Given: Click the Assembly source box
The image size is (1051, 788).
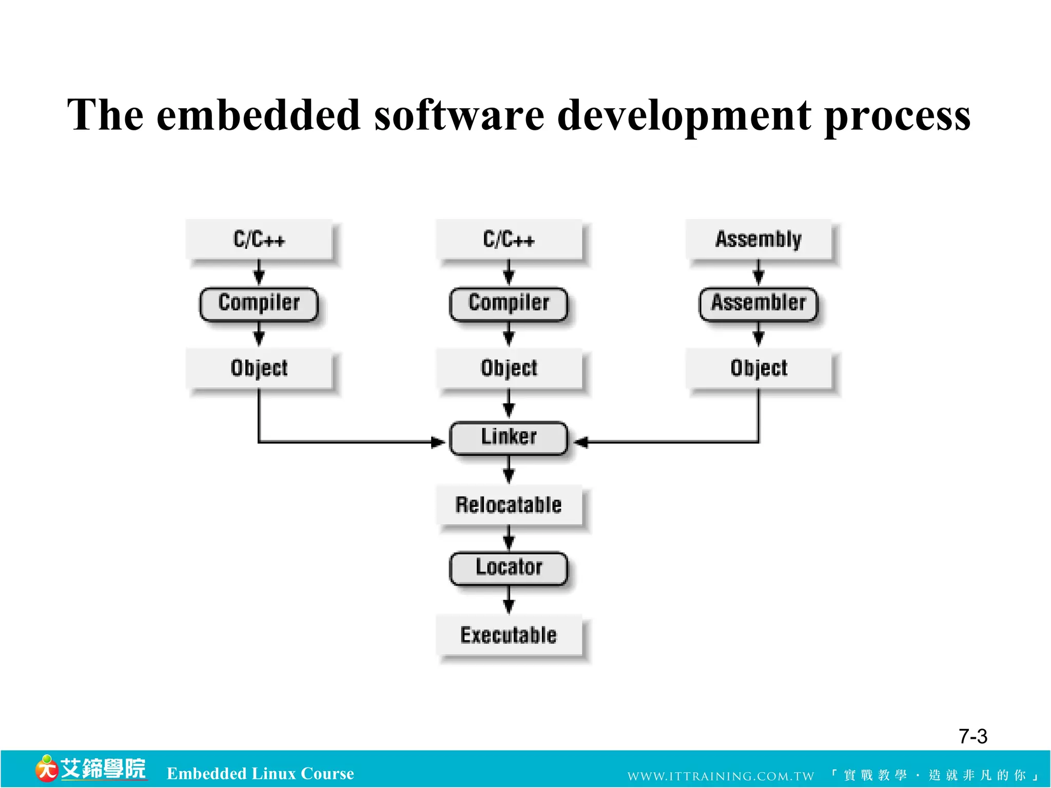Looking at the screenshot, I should (x=758, y=239).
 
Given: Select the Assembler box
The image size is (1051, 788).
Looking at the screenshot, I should (x=758, y=304).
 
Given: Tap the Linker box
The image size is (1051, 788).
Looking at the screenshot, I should (x=509, y=438).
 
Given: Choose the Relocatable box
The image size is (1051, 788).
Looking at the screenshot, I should (x=509, y=505).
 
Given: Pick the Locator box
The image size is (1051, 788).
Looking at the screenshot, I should (x=509, y=568).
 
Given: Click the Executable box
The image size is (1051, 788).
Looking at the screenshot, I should (x=509, y=635).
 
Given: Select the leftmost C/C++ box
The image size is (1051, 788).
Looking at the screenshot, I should (x=259, y=239).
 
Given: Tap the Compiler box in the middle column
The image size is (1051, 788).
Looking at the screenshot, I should (x=509, y=304).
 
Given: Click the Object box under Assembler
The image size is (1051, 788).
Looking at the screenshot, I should (x=758, y=368).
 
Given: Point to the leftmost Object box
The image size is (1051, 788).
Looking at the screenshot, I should (x=259, y=368).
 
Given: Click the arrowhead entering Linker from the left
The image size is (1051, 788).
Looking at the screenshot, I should (x=437, y=442).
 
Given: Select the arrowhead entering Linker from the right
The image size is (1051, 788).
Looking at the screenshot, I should (x=581, y=442).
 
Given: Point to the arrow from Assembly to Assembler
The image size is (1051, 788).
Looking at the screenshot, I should (x=758, y=272).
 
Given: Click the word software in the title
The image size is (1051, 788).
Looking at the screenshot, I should (x=459, y=115).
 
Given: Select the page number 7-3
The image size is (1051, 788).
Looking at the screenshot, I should (x=972, y=737).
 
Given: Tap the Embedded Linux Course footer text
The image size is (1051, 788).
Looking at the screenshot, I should (x=260, y=773).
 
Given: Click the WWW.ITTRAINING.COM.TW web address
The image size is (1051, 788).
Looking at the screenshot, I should (x=721, y=776).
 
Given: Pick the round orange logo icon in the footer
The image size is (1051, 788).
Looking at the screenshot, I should (x=46, y=769).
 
